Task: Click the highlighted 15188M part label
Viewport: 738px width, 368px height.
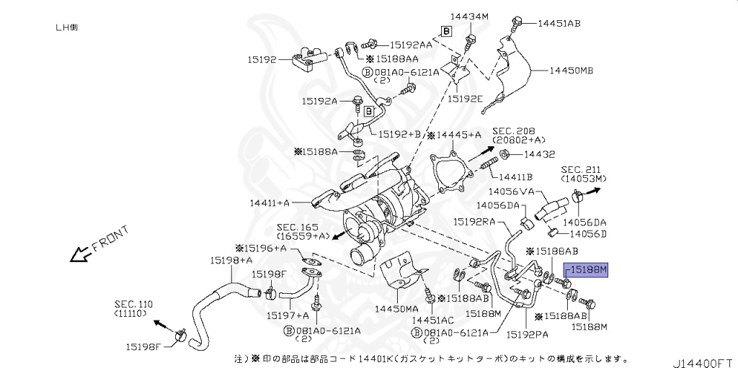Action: click(587, 270)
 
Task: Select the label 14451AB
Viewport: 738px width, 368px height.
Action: click(559, 23)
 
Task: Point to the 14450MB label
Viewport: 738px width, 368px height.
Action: click(572, 71)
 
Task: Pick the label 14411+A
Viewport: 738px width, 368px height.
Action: click(270, 204)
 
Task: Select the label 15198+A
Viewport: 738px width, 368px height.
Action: click(231, 260)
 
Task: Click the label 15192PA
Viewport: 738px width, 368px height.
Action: click(528, 334)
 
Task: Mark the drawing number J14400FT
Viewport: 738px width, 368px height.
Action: click(703, 358)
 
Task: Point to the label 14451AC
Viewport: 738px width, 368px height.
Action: click(433, 319)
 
